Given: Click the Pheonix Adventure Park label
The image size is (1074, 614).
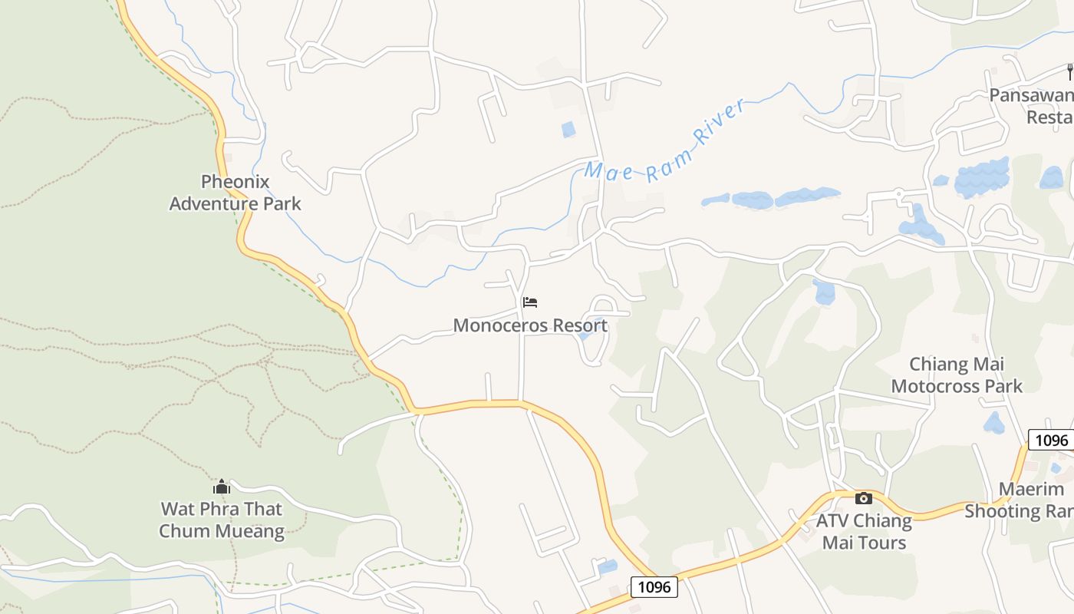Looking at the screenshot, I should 235,193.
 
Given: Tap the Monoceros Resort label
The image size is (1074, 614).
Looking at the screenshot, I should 530,325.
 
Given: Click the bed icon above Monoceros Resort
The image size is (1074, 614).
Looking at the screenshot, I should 530,302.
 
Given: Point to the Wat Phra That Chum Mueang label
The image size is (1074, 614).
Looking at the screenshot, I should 222,520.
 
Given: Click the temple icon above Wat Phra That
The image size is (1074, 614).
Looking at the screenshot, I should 222,487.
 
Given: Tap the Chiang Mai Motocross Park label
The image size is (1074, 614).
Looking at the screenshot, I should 957,375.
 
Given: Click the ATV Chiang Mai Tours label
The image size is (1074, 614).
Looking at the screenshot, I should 864,531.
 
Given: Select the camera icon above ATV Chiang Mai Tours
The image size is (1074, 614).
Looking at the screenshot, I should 864,498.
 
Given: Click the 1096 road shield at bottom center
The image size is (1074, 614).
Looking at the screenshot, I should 654,587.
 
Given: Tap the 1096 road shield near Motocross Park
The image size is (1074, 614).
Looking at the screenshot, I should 1050,440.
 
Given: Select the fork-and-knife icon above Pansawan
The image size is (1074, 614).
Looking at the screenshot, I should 1069,72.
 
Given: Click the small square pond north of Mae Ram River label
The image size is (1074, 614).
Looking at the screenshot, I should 568,129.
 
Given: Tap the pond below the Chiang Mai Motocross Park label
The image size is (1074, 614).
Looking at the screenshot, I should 994,423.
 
